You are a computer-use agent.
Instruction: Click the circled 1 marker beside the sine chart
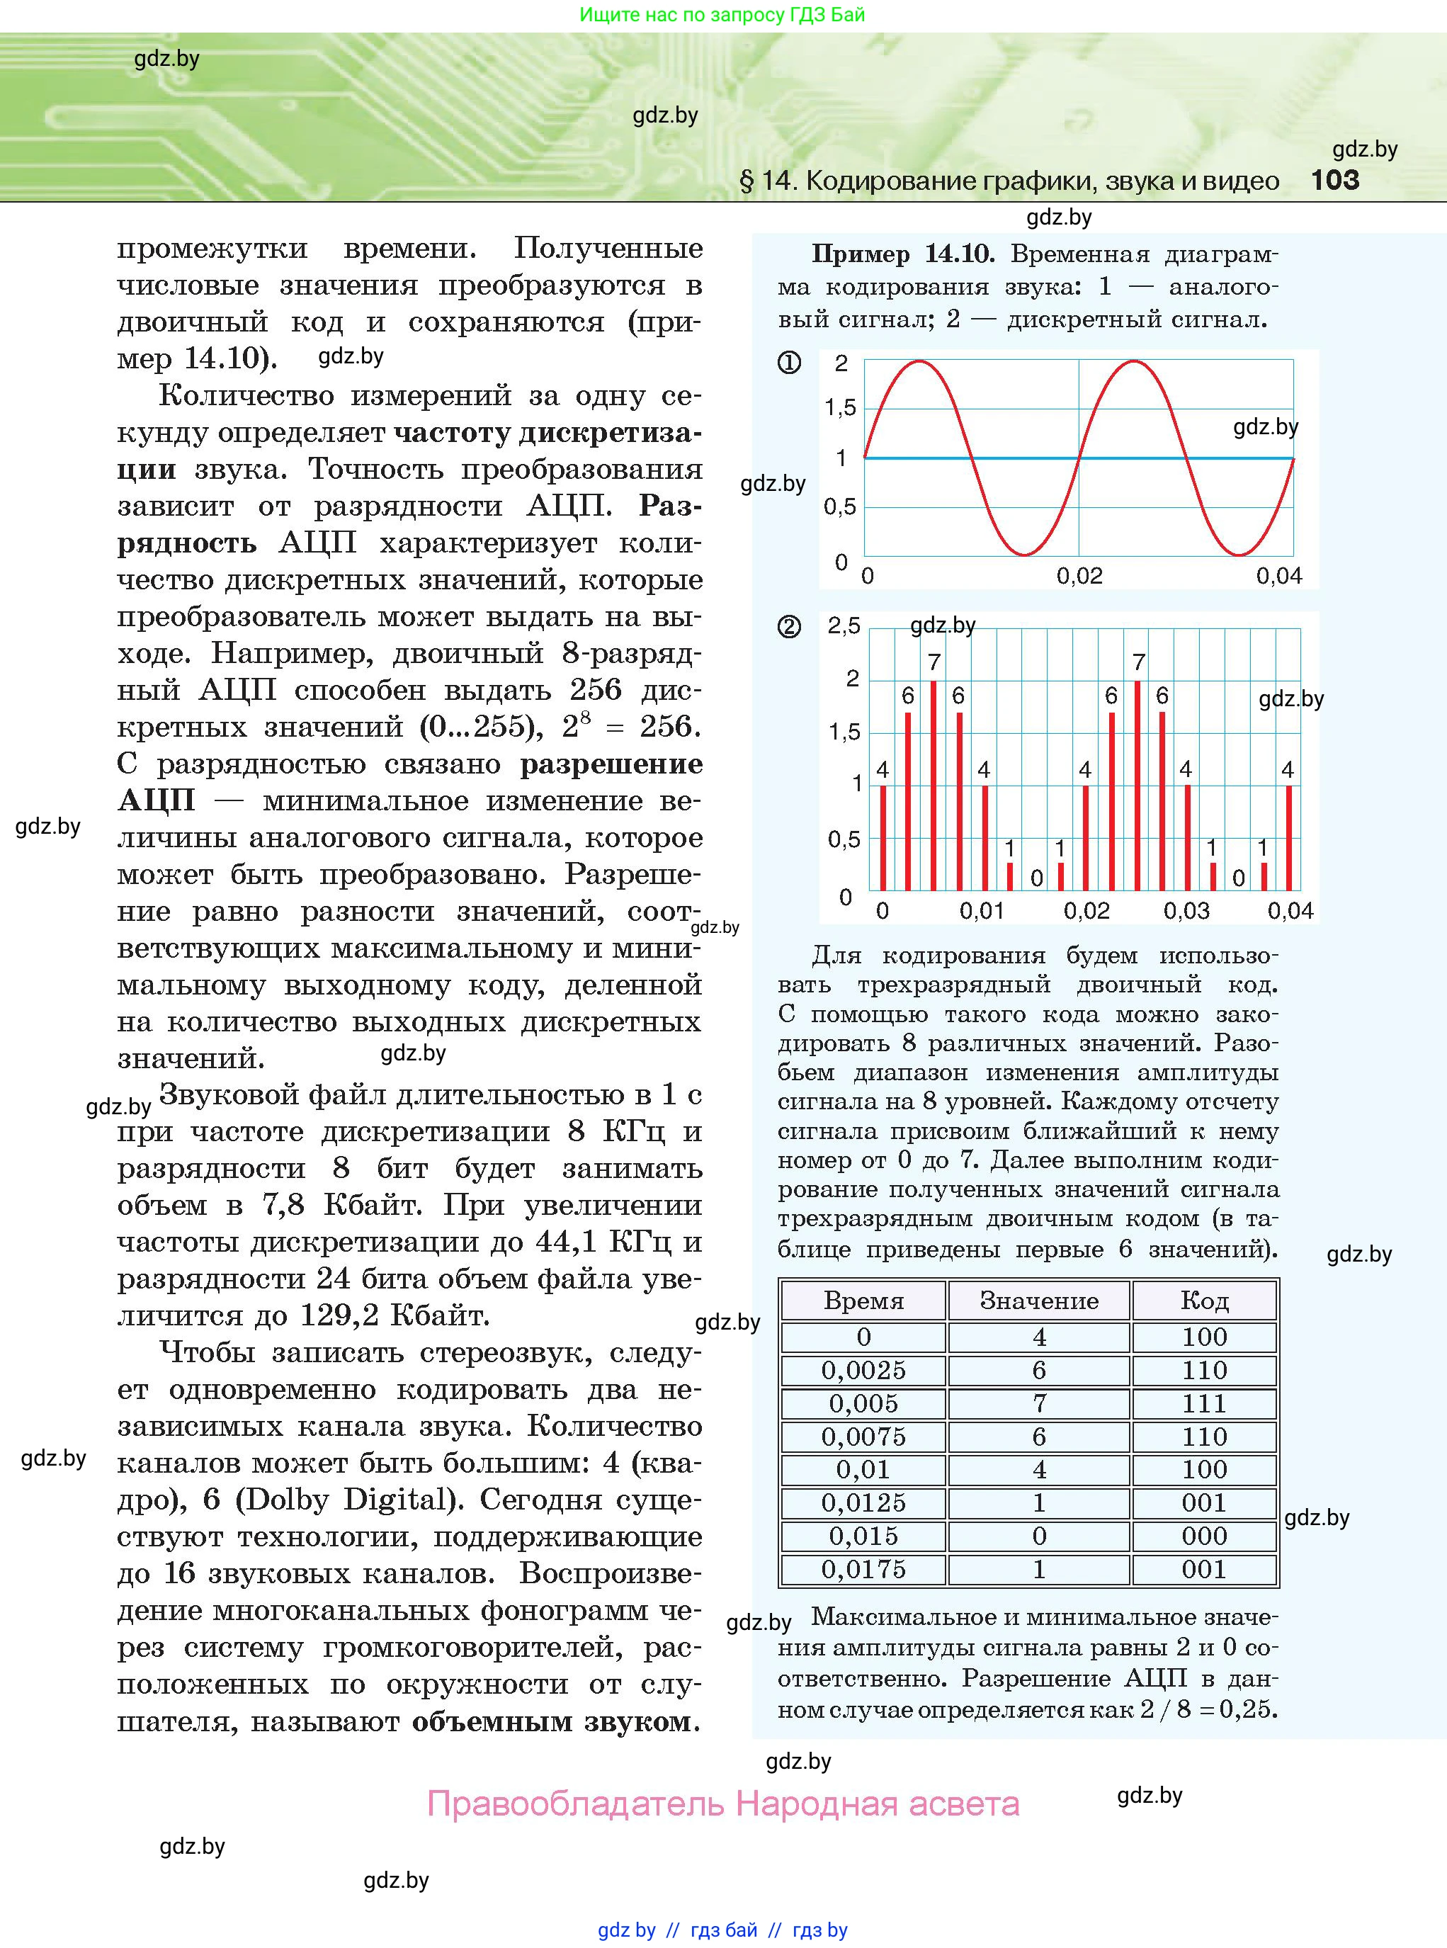tap(789, 363)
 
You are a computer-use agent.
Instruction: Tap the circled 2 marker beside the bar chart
tap(789, 627)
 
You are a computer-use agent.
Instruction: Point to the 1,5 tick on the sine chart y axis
tap(840, 407)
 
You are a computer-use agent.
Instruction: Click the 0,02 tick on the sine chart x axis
tap(1079, 575)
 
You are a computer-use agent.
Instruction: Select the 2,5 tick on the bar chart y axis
tap(844, 625)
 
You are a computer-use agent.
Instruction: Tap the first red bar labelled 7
tap(934, 784)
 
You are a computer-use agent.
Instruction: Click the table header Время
tap(863, 1301)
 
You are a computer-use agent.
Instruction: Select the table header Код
tap(1204, 1301)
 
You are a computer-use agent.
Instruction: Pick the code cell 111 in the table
tap(1204, 1404)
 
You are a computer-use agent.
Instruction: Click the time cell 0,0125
tap(863, 1503)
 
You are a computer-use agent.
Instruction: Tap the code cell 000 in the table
tap(1204, 1536)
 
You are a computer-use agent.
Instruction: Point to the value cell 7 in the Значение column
tap(1039, 1404)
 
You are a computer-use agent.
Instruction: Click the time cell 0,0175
tap(863, 1570)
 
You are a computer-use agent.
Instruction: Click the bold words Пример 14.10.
tap(902, 254)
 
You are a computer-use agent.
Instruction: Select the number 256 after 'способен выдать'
tap(596, 690)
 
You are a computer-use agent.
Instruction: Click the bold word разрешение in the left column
tap(611, 764)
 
